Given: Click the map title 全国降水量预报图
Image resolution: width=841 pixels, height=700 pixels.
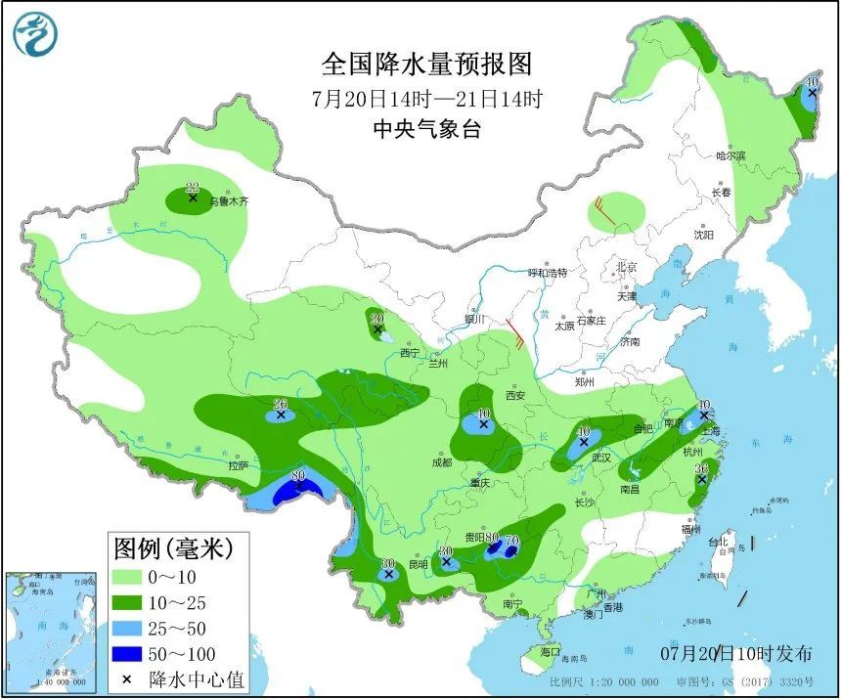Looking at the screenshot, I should click(x=427, y=65).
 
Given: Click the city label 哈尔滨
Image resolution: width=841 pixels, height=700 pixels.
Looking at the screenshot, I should click(x=730, y=155).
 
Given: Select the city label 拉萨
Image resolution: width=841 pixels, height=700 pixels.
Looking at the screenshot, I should click(x=240, y=465).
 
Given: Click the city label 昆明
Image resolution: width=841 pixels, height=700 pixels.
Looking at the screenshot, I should click(x=419, y=565).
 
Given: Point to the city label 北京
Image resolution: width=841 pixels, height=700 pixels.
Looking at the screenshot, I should click(x=626, y=267).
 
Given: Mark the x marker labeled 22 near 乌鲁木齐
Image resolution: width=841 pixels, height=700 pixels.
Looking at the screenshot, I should click(x=193, y=198).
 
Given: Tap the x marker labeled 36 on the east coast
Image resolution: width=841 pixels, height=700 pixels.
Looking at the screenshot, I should click(x=701, y=479).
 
